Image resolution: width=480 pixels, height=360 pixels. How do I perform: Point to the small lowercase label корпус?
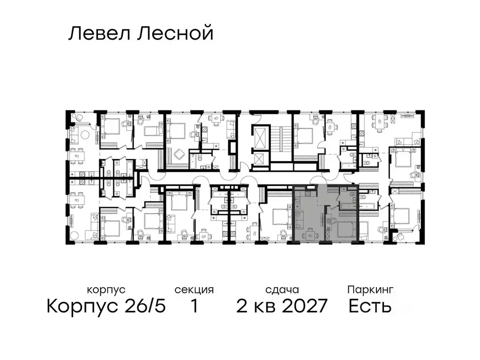tap(106, 290)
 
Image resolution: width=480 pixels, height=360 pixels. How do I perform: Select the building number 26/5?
tap(141, 307)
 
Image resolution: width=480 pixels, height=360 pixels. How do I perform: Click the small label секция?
tap(194, 290)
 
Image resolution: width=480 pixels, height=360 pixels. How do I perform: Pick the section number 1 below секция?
tap(194, 307)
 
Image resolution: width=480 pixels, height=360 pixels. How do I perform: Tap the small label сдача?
tap(281, 290)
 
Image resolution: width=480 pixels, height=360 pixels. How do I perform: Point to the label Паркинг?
tap(370, 290)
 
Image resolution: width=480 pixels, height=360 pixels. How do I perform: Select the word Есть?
tap(370, 307)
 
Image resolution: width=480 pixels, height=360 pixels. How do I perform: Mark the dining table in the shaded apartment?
tap(310, 234)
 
